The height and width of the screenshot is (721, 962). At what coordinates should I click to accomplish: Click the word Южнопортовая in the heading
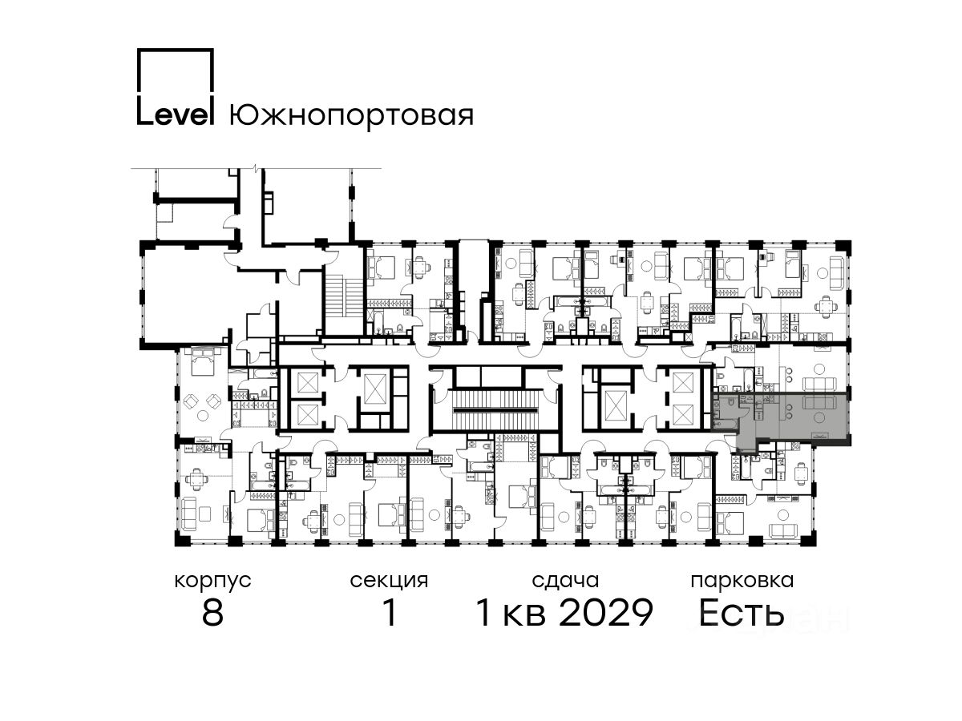point(351,115)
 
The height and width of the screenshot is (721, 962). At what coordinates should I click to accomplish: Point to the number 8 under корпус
point(212,613)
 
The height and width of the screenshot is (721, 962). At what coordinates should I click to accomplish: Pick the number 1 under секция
point(390,613)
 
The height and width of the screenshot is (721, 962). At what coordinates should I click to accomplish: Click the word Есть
point(741,613)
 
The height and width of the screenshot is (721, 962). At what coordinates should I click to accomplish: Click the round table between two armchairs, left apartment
point(203,414)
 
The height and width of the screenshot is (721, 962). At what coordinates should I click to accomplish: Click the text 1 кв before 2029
point(511,613)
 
